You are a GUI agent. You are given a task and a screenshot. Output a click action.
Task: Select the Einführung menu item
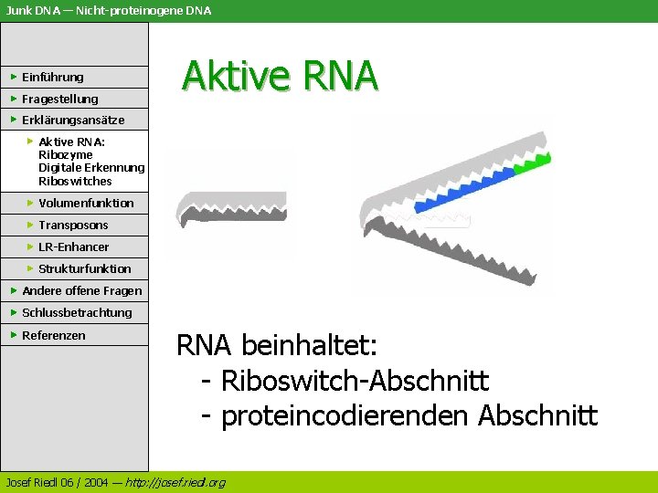tap(52, 77)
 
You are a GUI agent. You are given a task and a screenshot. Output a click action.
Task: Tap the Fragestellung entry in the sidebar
tap(59, 99)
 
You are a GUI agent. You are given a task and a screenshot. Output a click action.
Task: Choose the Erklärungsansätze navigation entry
tap(73, 120)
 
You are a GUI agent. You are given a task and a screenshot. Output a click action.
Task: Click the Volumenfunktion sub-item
tap(86, 203)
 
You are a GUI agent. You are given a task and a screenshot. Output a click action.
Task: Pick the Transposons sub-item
tap(73, 225)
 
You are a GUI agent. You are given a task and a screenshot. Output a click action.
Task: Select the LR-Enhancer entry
tap(73, 246)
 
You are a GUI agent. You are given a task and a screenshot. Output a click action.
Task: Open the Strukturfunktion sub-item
tap(84, 268)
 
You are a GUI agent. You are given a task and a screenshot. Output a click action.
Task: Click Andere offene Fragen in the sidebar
tap(81, 290)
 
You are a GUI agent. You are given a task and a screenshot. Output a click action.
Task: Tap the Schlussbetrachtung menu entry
tap(77, 312)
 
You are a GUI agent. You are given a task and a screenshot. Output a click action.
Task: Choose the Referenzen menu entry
tap(53, 335)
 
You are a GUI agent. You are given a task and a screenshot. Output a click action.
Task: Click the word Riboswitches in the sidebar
tap(75, 181)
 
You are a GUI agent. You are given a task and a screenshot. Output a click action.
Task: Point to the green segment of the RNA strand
tap(533, 164)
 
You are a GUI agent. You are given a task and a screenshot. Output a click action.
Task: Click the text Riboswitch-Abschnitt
tap(355, 381)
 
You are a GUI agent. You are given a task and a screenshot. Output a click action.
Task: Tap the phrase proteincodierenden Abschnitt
tap(409, 416)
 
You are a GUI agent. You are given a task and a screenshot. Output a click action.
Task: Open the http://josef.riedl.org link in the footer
tap(175, 482)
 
